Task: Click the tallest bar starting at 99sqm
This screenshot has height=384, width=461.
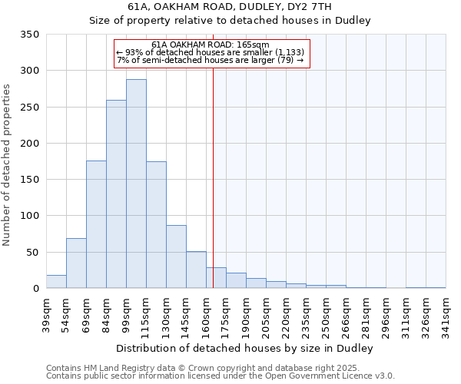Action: tap(136, 184)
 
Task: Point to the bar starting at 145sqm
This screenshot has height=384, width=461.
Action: tap(196, 270)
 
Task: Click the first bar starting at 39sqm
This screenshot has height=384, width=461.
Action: tap(56, 282)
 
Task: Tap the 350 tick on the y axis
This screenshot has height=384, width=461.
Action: tap(30, 35)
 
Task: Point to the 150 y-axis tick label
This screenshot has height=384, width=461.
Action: tap(30, 180)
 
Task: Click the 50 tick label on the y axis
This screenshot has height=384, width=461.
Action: tap(33, 252)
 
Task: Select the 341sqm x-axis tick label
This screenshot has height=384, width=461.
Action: tap(446, 314)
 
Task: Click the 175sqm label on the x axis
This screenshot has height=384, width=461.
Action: tap(226, 314)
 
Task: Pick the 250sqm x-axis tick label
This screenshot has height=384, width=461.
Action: tap(326, 314)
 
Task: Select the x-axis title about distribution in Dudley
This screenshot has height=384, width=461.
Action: tap(245, 349)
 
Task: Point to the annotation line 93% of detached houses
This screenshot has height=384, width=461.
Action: tap(211, 52)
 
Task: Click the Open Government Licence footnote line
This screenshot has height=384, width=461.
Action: tap(220, 376)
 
